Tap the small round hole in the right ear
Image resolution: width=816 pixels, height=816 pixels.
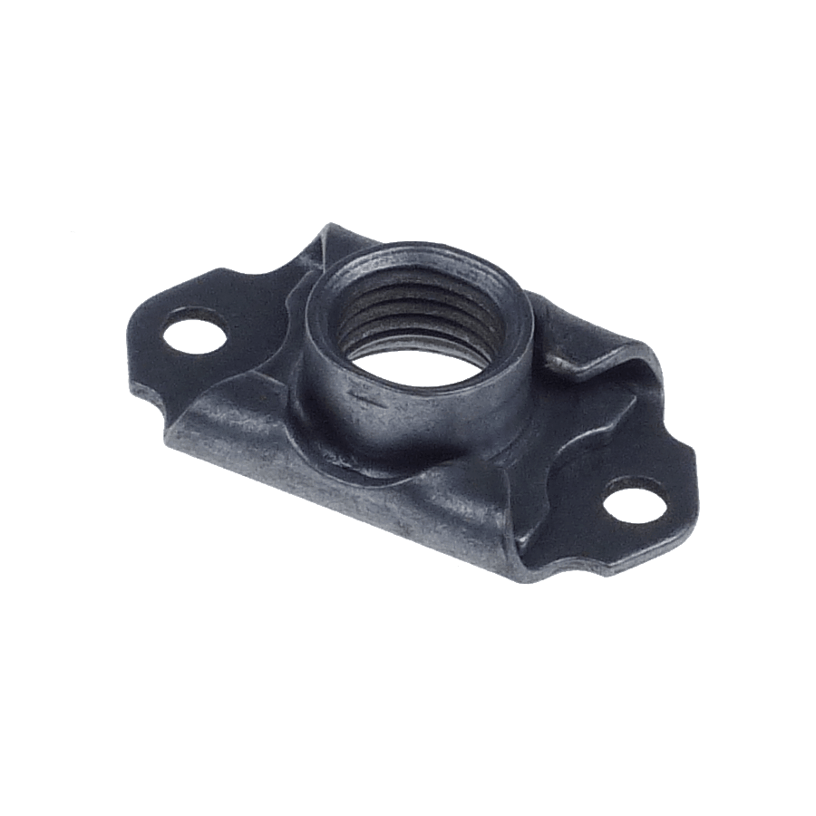[x=635, y=501]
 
